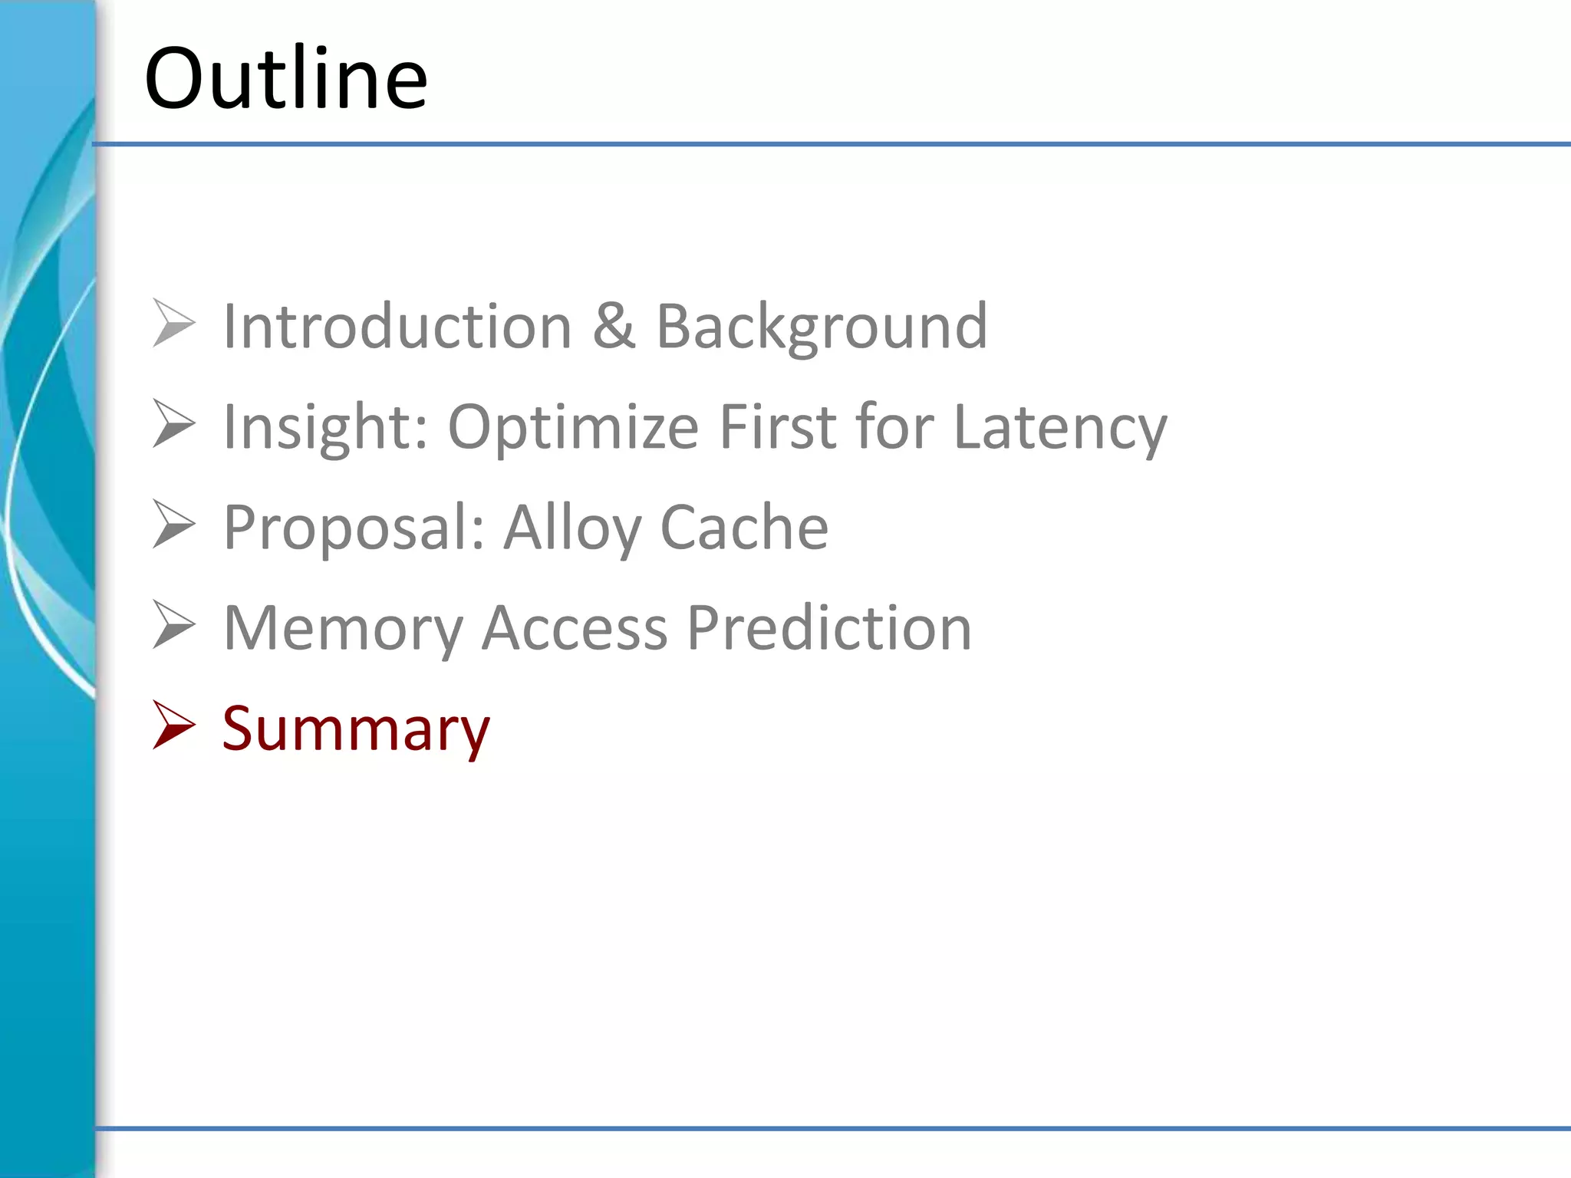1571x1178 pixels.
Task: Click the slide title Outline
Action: click(285, 78)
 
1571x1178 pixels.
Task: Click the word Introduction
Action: click(397, 326)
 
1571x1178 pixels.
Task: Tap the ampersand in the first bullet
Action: click(614, 326)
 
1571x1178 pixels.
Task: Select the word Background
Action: click(822, 326)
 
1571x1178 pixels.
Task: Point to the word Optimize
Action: click(573, 426)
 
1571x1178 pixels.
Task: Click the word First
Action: click(776, 426)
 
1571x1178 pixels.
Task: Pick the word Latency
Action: click(1059, 426)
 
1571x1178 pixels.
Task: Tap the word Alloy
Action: click(572, 527)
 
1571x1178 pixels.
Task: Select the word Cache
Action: click(744, 527)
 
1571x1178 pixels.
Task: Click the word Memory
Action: click(343, 628)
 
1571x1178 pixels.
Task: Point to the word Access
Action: click(575, 628)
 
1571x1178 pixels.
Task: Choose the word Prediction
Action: click(828, 628)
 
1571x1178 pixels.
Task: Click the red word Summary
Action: click(355, 729)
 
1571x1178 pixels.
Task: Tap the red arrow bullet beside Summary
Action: click(174, 725)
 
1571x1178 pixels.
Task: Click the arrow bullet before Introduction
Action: click(174, 323)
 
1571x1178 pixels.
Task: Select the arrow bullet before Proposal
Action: click(174, 524)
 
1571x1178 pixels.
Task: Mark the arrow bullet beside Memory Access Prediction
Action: click(174, 624)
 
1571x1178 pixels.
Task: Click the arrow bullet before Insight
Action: click(174, 423)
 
